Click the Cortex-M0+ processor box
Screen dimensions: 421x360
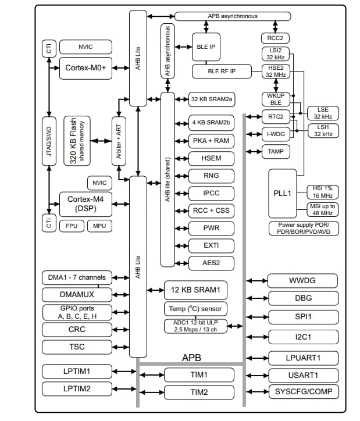[84, 68]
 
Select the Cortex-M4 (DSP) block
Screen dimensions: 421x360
[84, 205]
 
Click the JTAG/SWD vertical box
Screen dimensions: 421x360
[48, 141]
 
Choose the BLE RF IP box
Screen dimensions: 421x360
[221, 72]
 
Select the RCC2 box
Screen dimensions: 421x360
[275, 38]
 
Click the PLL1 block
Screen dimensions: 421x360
[282, 192]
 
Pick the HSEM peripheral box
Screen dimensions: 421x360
[211, 158]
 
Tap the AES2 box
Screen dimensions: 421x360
[211, 263]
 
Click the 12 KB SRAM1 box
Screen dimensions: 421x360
[195, 290]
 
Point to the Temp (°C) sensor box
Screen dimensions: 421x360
[195, 309]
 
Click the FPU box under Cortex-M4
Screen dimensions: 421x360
[71, 226]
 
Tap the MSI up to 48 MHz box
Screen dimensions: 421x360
[322, 210]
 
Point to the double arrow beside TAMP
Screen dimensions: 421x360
[254, 152]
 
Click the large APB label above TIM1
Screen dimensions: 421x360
[191, 357]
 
